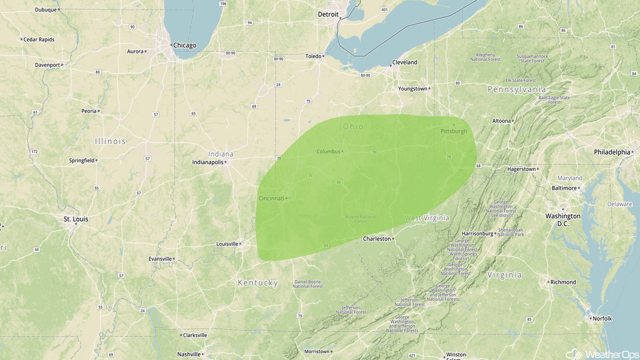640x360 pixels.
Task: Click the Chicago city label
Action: tap(184, 45)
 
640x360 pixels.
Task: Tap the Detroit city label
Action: tap(328, 14)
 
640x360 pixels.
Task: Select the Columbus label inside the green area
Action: tap(328, 151)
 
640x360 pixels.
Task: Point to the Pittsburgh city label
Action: tap(453, 131)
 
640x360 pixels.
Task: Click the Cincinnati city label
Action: tap(271, 198)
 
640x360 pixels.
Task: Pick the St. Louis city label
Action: tap(76, 219)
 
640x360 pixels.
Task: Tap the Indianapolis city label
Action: tap(207, 162)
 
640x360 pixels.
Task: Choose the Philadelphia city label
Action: tap(612, 152)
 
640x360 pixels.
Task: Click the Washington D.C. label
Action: tap(563, 219)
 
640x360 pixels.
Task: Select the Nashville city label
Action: tap(189, 354)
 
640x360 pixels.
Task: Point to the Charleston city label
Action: tap(377, 239)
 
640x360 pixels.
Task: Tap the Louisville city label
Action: tap(227, 244)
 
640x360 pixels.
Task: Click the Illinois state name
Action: tap(110, 141)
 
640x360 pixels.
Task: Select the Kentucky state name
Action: tap(257, 283)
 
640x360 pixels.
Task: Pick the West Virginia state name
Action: tap(426, 218)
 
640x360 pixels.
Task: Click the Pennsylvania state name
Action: tap(517, 89)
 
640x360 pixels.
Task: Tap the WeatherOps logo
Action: tap(602, 354)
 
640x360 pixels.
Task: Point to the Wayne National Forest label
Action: tap(360, 219)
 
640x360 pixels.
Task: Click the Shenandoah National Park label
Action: tap(510, 232)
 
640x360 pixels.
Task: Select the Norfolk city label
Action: tap(602, 318)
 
